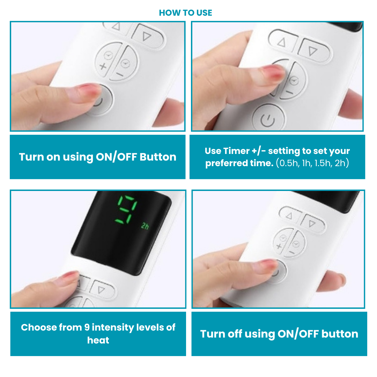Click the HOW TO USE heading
[x=185, y=13]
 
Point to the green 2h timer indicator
[x=145, y=226]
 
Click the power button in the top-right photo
[x=268, y=118]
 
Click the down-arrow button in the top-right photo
[x=314, y=51]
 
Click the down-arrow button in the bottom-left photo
[x=102, y=290]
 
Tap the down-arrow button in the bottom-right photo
[x=313, y=223]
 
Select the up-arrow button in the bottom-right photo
[x=290, y=215]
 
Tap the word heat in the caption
[x=98, y=340]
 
